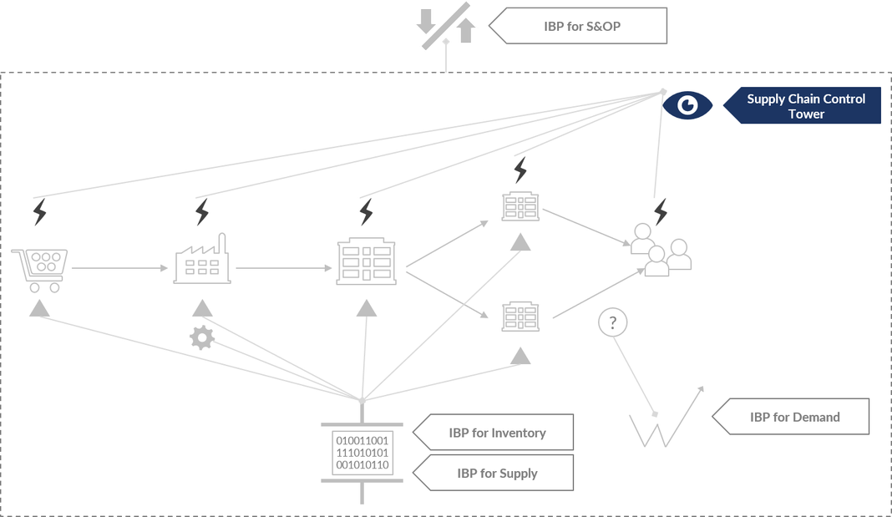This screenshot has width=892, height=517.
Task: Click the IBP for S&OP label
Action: tap(581, 26)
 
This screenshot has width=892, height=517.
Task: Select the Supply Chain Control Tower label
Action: tap(805, 106)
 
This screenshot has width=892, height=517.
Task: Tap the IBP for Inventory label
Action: tap(497, 433)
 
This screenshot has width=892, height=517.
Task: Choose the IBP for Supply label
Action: tap(497, 473)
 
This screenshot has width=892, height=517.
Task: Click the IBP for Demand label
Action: tap(794, 417)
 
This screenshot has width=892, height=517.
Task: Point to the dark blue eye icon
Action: tap(687, 105)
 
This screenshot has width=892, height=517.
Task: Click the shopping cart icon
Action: tap(39, 270)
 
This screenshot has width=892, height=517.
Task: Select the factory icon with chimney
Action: tap(202, 261)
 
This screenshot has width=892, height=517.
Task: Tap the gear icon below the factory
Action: tap(202, 337)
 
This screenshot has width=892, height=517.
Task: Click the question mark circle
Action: tap(612, 322)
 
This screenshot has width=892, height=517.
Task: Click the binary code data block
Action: tap(362, 453)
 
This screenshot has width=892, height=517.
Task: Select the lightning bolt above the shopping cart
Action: tap(39, 212)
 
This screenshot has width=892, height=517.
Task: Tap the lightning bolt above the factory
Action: tap(201, 212)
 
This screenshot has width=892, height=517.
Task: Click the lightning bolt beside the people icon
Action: tap(661, 211)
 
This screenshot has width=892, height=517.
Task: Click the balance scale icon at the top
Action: tap(446, 27)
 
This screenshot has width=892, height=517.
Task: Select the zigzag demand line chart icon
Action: tap(664, 419)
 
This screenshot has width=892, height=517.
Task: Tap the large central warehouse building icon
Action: tap(365, 262)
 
